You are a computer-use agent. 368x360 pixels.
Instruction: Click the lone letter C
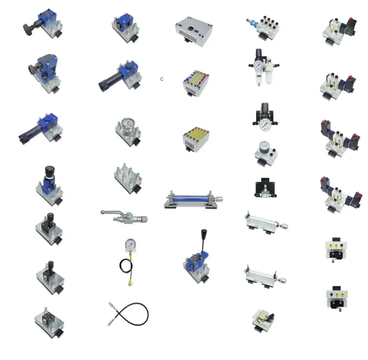(162, 79)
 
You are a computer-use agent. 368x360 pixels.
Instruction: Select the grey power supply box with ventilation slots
(194, 31)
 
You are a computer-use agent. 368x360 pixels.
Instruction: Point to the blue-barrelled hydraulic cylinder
(193, 199)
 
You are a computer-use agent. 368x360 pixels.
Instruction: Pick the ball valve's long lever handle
(112, 212)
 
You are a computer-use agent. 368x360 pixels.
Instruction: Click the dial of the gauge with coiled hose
(131, 245)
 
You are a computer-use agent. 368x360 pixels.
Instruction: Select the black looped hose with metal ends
(128, 314)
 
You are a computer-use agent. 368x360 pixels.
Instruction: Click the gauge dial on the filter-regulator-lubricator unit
(258, 65)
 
